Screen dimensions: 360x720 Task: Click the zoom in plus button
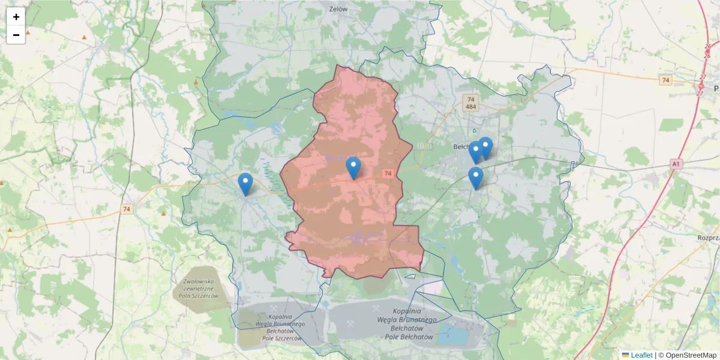(x=16, y=17)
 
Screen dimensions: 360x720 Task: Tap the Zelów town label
(x=339, y=9)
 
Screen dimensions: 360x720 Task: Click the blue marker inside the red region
(x=353, y=167)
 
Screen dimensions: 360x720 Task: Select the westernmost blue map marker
(x=245, y=184)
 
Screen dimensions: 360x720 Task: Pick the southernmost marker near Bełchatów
(x=476, y=178)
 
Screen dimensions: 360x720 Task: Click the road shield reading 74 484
(x=470, y=103)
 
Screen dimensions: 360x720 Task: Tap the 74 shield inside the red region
(x=389, y=173)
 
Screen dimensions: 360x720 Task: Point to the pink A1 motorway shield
(x=676, y=163)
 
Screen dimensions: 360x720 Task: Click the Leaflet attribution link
(x=641, y=355)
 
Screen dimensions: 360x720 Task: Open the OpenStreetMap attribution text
(x=687, y=355)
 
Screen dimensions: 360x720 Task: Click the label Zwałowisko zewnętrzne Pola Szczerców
(x=201, y=289)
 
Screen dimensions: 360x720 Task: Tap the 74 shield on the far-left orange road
(x=125, y=209)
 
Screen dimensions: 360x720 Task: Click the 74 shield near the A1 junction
(x=664, y=80)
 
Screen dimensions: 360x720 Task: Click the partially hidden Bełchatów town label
(x=461, y=146)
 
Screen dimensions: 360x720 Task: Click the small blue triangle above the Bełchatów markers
(x=474, y=130)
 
